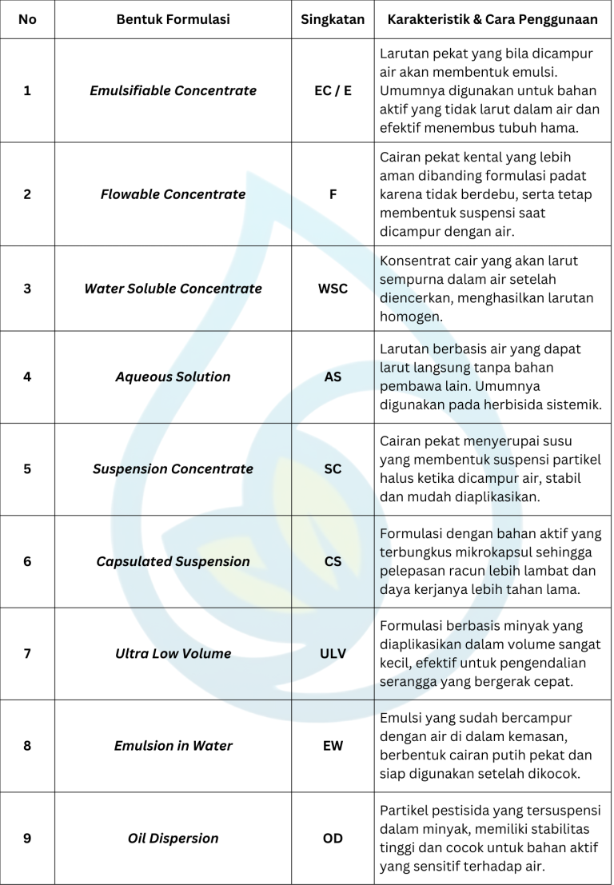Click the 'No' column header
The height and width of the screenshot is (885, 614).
pos(27,19)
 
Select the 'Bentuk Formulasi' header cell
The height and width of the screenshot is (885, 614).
pos(173,19)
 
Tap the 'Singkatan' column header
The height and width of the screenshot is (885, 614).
pos(333,19)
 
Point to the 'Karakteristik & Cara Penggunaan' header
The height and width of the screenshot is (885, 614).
pos(492,19)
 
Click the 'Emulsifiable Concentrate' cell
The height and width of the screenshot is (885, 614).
pos(173,90)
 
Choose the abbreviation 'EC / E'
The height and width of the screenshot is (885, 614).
pos(333,90)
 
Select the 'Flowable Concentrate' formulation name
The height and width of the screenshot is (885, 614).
pos(173,194)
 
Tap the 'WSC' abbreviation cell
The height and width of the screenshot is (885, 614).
pos(333,289)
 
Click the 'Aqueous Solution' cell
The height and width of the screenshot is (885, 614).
pos(173,377)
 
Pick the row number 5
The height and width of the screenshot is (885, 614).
pos(27,469)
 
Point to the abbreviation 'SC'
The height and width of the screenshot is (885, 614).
pos(333,469)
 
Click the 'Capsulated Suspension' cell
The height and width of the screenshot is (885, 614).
pos(173,561)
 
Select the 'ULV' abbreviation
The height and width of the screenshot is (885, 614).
pos(333,653)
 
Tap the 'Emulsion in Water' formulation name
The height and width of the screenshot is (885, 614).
pos(173,746)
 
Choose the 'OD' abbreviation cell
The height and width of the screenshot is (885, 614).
pos(333,839)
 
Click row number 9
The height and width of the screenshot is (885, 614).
pos(27,839)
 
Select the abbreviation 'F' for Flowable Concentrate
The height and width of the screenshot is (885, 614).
pos(333,194)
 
